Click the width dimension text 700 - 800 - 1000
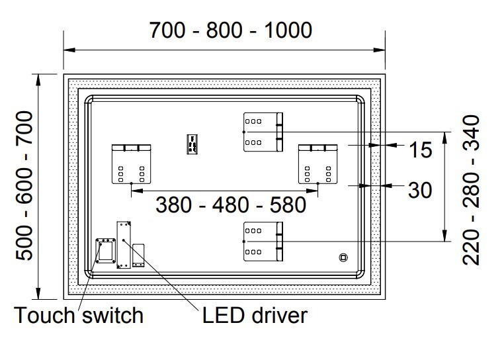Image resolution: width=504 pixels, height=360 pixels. coord(230,30)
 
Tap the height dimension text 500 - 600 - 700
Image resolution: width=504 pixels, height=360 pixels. coord(25,186)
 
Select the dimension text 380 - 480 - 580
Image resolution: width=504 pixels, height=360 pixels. coord(231,204)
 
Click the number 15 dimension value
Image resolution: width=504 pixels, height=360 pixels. coord(419,150)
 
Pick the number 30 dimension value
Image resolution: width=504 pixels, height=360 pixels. coord(419,191)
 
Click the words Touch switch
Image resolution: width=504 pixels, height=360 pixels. coord(79,315)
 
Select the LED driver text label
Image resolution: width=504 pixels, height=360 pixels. coord(255,315)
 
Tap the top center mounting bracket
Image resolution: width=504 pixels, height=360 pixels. coord(263,130)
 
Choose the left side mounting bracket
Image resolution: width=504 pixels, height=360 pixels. coord(132,163)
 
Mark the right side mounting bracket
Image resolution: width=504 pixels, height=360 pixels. coord(319,163)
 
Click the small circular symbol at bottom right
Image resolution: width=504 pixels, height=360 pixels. coord(343,257)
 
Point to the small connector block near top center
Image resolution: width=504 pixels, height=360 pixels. coord(192,144)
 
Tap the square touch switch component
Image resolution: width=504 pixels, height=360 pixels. coord(104,250)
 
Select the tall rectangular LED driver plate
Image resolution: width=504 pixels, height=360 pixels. coord(124,244)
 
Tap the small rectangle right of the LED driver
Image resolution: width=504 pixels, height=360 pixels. coord(138,255)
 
